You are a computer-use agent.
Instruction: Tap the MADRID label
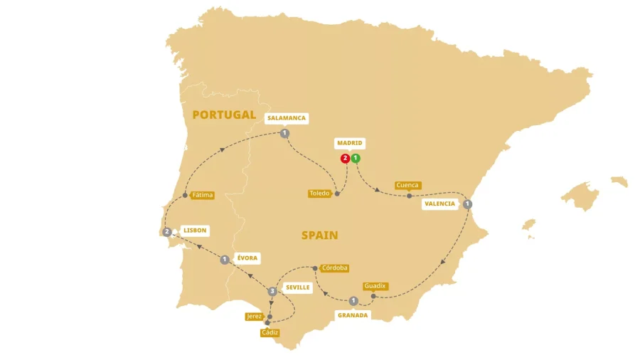coord(350,143)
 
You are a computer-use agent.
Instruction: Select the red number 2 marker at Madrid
coord(345,158)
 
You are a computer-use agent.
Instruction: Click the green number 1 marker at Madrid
coord(356,158)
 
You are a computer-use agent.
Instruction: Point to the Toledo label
coord(320,194)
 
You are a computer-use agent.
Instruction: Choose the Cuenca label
coord(407,185)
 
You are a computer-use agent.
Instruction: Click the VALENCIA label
coord(439,203)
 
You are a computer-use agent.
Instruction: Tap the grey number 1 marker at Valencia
coord(467,204)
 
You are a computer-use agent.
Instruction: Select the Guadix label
coord(375,286)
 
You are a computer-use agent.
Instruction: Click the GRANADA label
coord(353,314)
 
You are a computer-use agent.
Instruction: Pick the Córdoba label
coord(334,268)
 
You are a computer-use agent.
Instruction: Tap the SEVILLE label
coord(297,287)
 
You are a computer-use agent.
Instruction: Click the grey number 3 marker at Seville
coord(272,292)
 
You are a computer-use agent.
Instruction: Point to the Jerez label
coord(254,316)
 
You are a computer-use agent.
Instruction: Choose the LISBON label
coord(194,231)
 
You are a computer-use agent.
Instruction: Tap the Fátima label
coord(202,195)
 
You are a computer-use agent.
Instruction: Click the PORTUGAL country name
coord(224,115)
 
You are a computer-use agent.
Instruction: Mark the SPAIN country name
coord(319,235)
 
